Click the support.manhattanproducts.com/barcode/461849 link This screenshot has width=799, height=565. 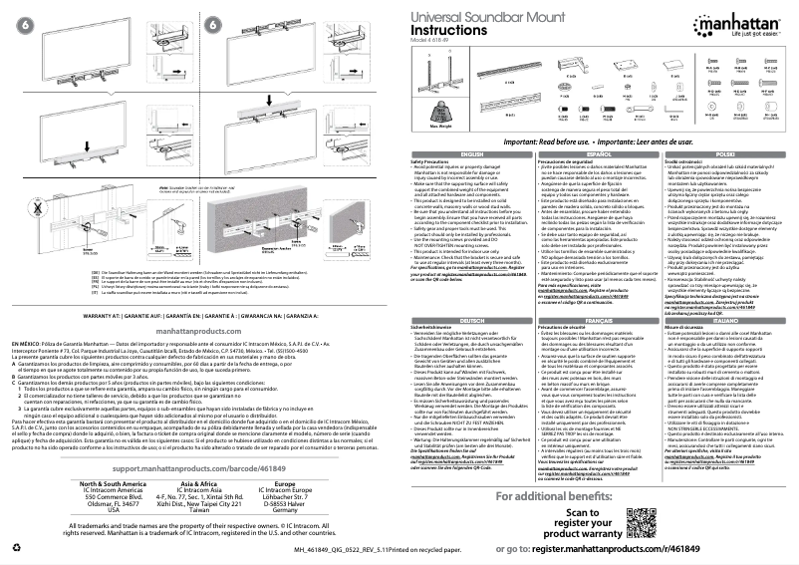click(x=199, y=467)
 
